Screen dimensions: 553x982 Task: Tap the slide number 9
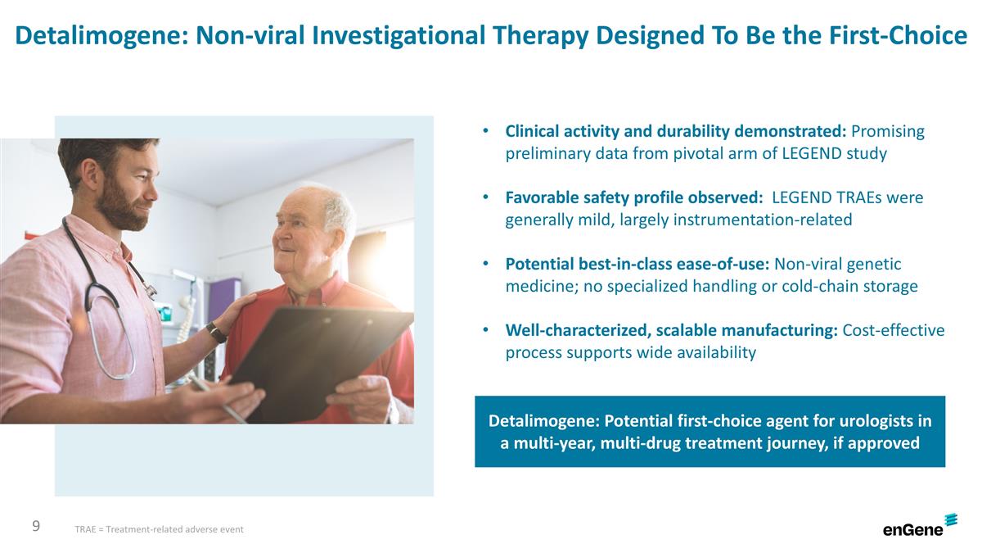coord(36,526)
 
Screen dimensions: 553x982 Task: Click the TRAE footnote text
coord(159,530)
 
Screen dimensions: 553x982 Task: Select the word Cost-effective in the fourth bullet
coord(894,330)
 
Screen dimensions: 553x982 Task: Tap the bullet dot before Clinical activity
coord(486,131)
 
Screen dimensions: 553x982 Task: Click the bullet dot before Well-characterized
coord(486,330)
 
